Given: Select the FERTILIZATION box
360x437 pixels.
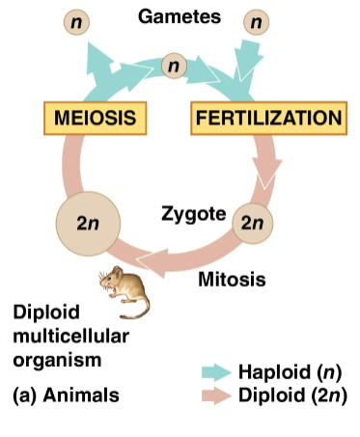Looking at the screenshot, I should click(x=267, y=118).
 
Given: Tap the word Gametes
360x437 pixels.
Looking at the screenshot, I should click(x=180, y=17).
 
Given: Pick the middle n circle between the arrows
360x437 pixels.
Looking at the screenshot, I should click(x=174, y=66).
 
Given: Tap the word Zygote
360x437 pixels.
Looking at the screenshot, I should click(x=193, y=212).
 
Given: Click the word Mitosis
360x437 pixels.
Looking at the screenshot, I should click(x=230, y=281).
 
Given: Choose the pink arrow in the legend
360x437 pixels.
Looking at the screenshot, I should click(x=216, y=395).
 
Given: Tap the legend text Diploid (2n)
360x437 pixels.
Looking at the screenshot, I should click(x=291, y=395).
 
